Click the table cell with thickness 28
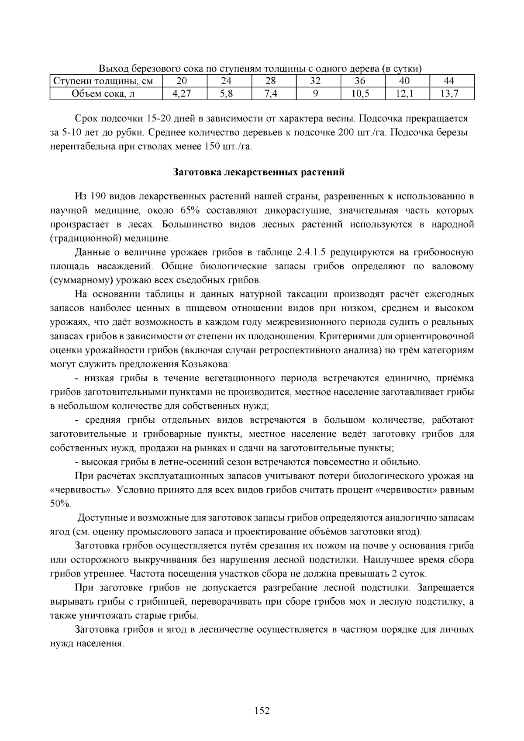[x=274, y=81]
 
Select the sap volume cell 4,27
[x=184, y=93]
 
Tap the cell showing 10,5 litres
[x=362, y=93]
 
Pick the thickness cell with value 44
[x=452, y=81]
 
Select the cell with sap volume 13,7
[x=452, y=93]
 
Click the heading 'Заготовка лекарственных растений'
[x=259, y=172]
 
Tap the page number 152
[x=262, y=711]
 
